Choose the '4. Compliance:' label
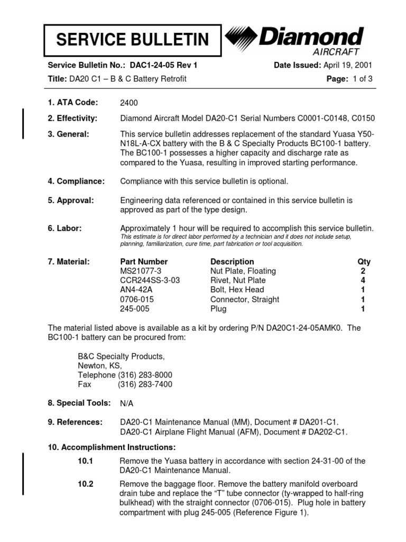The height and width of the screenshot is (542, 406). coord(76,182)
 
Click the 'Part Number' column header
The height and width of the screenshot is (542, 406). coord(144,261)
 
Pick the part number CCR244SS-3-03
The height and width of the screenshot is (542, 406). coord(150,281)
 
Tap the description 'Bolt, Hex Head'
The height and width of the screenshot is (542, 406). coord(236,290)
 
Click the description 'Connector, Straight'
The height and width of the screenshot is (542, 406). coord(244,300)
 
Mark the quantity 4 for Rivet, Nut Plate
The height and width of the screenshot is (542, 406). coord(363,281)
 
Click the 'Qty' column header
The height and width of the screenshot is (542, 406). coord(364,261)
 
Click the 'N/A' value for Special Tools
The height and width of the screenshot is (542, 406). coord(126,403)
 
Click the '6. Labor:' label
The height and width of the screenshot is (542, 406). coord(64,228)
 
